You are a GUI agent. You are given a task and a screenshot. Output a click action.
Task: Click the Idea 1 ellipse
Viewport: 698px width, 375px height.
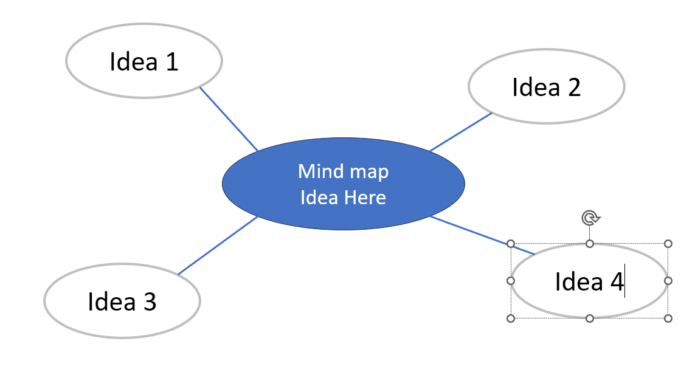[x=144, y=61]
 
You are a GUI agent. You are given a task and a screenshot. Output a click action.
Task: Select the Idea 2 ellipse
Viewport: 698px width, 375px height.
[x=546, y=87]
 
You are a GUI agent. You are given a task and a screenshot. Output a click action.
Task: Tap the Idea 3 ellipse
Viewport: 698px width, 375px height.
[x=122, y=301]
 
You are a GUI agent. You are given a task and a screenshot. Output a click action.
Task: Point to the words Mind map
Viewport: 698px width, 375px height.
[x=343, y=171]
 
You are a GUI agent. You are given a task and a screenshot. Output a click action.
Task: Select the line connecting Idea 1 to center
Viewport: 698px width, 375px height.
[x=229, y=119]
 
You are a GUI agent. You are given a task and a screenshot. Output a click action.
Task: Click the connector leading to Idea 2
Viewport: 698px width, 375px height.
[x=460, y=131]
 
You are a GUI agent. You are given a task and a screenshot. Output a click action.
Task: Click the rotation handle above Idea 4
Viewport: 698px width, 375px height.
[x=589, y=218]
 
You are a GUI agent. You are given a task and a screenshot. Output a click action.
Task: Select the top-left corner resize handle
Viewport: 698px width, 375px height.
[x=511, y=244]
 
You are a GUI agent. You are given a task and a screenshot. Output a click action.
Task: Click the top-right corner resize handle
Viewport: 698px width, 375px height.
[x=668, y=244]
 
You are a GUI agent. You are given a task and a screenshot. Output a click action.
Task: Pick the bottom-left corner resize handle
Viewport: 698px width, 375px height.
[x=511, y=318]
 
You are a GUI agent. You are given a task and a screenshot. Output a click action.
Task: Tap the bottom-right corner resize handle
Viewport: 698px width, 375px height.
[x=668, y=318]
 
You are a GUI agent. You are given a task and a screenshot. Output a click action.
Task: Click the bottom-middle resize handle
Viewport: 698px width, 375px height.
[x=589, y=318]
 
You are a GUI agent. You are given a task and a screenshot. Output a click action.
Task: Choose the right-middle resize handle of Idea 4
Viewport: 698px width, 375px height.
[x=668, y=281]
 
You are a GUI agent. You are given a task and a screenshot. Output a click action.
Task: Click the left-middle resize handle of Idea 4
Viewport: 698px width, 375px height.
[x=511, y=281]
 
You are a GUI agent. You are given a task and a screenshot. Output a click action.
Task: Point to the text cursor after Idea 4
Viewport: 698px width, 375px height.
[x=625, y=283]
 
